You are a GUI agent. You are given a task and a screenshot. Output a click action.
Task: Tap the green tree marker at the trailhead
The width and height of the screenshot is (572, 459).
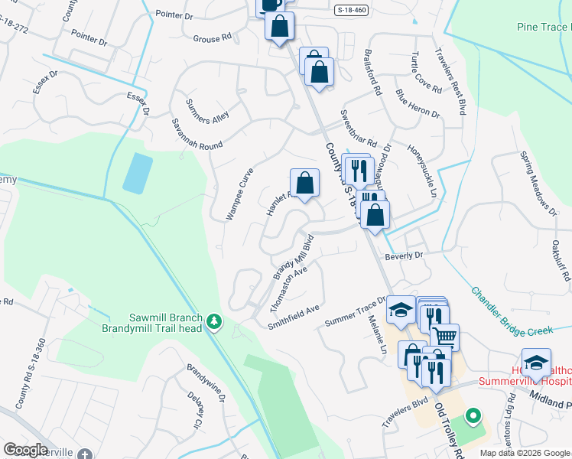(x=215, y=323)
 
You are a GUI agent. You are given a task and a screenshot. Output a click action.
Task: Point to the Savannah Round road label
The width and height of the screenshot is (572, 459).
(x=197, y=134)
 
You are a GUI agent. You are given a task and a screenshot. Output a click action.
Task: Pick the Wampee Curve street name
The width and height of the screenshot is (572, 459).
(x=239, y=194)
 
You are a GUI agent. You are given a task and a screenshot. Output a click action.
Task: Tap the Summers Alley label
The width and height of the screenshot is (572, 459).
(x=208, y=111)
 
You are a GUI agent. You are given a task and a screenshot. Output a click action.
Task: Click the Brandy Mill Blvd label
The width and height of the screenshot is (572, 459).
(x=295, y=256)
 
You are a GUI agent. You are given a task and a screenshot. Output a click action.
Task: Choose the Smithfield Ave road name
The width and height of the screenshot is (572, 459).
(x=293, y=317)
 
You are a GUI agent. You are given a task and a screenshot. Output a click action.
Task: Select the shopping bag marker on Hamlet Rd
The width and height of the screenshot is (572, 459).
(x=304, y=183)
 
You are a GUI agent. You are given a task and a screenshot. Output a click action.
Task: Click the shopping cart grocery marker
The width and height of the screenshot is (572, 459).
(x=444, y=336)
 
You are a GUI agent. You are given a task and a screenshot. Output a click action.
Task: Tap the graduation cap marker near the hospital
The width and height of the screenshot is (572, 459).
(x=536, y=362)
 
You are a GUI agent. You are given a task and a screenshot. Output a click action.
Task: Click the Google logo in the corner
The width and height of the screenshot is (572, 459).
(x=25, y=450)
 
